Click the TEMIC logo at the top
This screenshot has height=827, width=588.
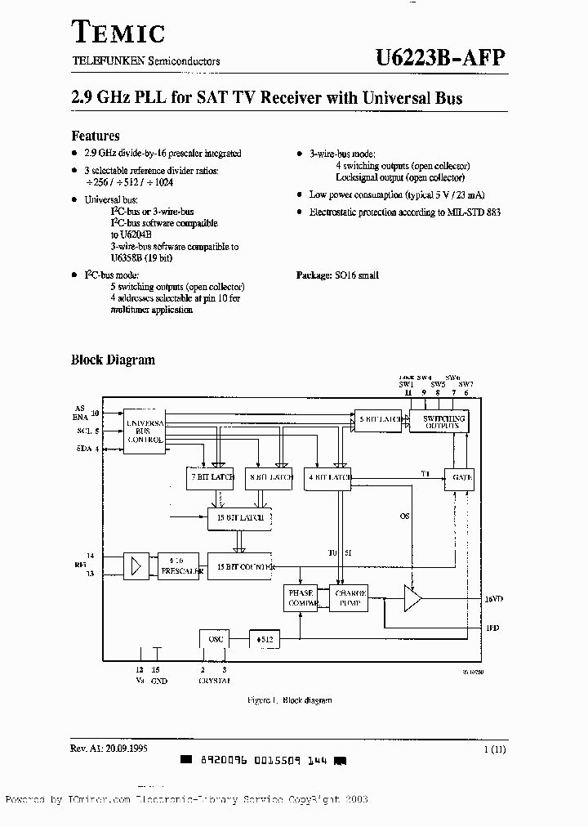pos(118,32)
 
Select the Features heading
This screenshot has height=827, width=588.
pos(96,136)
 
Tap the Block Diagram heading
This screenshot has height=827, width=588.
pos(113,360)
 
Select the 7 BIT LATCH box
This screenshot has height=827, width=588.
pos(211,477)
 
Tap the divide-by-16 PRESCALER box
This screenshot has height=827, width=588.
pos(178,565)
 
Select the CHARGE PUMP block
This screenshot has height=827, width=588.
pos(349,598)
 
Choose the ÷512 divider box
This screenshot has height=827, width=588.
pos(263,638)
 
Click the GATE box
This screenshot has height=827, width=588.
pos(458,477)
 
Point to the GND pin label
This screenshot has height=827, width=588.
pos(158,680)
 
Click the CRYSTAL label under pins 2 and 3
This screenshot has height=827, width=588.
pos(215,680)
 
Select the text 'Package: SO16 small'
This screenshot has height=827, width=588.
pos(337,276)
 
